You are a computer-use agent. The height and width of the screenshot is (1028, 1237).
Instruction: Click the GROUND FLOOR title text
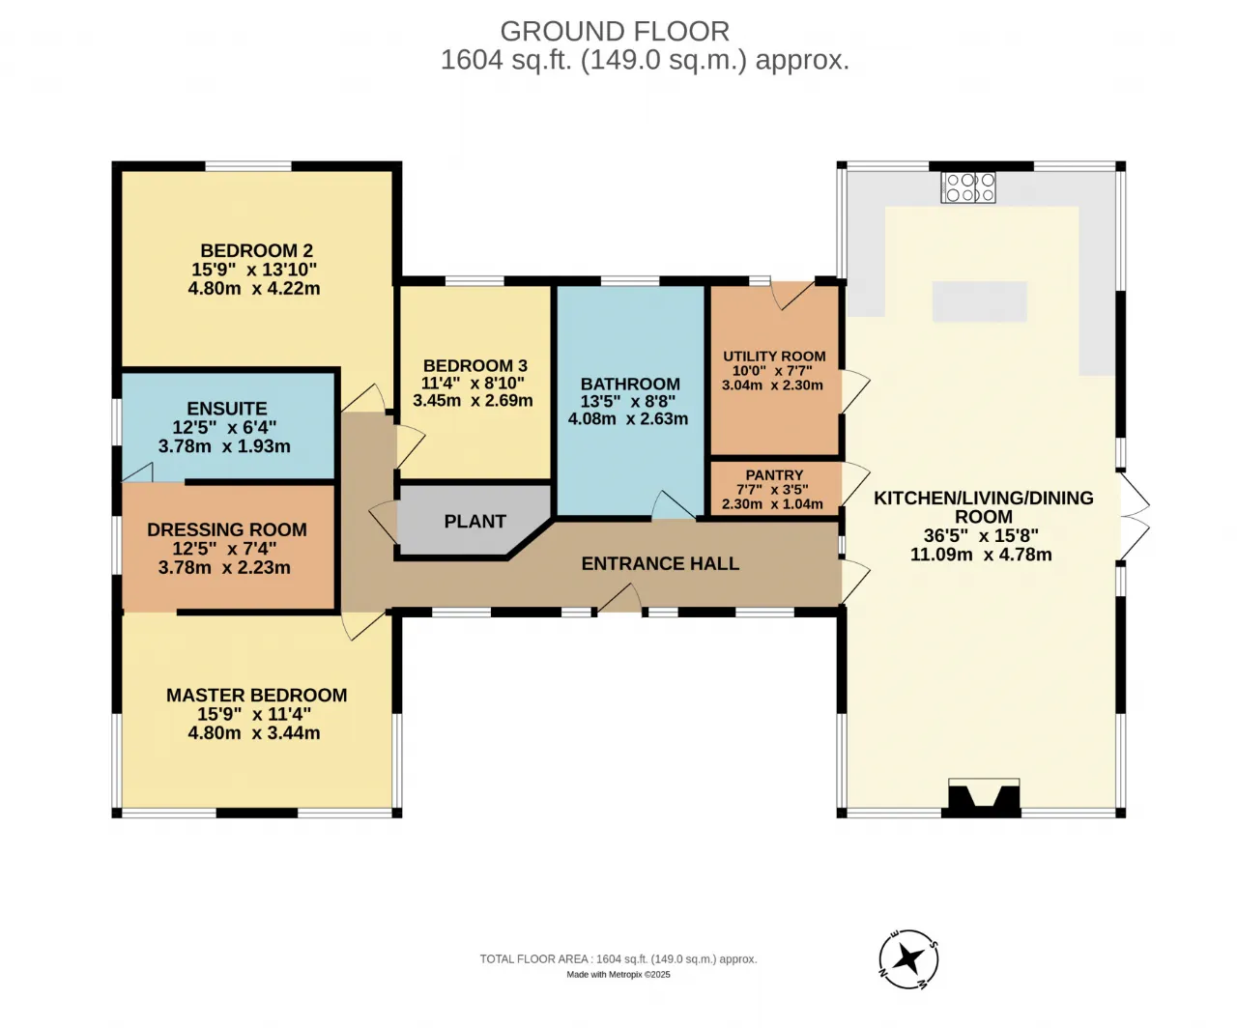[x=615, y=31]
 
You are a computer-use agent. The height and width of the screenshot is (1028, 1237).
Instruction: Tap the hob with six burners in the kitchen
[x=968, y=187]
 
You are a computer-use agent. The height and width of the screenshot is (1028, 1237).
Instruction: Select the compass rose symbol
[x=908, y=958]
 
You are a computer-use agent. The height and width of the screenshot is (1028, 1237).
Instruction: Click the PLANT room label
[x=475, y=522]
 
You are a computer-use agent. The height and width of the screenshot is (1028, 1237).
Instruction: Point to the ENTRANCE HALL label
[x=660, y=563]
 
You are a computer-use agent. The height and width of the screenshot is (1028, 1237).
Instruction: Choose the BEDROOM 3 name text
[x=475, y=365]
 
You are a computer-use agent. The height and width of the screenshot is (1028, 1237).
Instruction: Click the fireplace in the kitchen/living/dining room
[x=984, y=798]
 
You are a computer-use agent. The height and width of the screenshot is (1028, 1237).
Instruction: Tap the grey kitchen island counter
[x=980, y=301]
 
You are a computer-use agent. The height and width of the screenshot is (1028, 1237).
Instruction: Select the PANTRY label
[x=774, y=475]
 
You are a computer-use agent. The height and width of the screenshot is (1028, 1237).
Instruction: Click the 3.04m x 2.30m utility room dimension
[x=772, y=385]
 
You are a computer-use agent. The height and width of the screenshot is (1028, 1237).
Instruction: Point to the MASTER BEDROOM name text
[x=256, y=696]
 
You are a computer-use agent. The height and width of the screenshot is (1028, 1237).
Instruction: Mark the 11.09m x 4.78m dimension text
[x=981, y=555]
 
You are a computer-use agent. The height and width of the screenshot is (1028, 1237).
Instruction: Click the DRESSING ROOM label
[x=227, y=529]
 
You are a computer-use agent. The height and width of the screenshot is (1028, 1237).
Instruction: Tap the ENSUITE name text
[x=227, y=409]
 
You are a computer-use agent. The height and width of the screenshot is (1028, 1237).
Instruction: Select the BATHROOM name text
[x=630, y=384]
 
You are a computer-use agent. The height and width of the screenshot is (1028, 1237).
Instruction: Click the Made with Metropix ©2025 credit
[x=618, y=975]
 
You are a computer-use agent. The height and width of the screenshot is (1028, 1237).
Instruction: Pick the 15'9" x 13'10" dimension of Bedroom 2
[x=254, y=270]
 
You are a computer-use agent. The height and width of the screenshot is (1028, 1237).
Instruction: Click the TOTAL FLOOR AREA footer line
[x=618, y=959]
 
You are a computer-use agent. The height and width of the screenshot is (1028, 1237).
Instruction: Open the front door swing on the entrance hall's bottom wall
[x=619, y=597]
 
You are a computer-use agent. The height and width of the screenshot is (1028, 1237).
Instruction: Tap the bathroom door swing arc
[x=673, y=505]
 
